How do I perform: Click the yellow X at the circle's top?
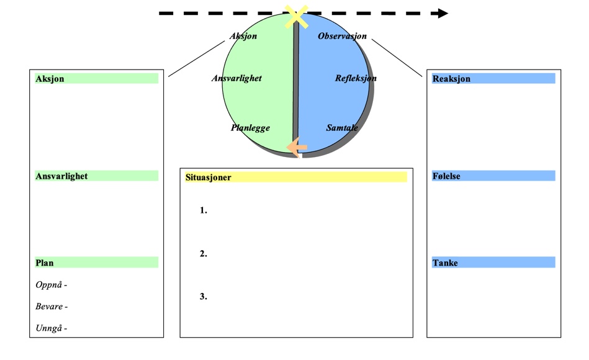click(x=297, y=17)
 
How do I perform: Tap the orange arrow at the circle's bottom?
click(x=297, y=146)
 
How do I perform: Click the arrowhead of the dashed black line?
click(x=443, y=13)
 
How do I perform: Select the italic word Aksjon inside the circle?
click(x=243, y=36)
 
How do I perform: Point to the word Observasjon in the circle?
click(x=342, y=36)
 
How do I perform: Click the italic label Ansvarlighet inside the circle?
click(x=236, y=78)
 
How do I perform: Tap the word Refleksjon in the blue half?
click(x=356, y=78)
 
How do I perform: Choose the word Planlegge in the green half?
click(x=250, y=128)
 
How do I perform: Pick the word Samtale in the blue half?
click(x=342, y=128)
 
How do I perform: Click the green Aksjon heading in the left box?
click(x=50, y=79)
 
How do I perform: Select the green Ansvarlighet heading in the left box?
click(x=61, y=176)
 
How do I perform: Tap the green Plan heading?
click(x=45, y=263)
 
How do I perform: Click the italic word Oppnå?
click(x=49, y=285)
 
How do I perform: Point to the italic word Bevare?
click(x=50, y=307)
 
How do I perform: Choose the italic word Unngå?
click(x=49, y=328)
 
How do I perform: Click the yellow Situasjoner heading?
click(x=209, y=178)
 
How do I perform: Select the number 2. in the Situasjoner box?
click(x=204, y=253)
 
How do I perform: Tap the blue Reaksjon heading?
click(x=451, y=79)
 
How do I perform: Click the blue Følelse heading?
click(x=446, y=176)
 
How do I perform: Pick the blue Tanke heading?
click(x=445, y=263)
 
